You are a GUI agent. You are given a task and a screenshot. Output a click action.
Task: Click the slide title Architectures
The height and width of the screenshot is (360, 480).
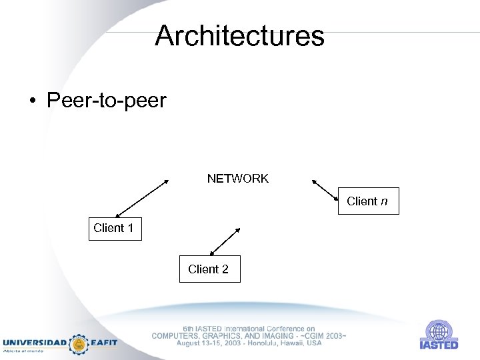239,35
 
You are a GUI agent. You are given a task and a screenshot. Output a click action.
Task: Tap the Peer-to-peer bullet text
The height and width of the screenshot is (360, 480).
106,101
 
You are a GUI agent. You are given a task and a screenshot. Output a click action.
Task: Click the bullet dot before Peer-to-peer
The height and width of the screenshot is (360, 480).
32,102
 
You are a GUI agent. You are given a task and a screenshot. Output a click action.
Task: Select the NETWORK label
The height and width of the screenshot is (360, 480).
237,179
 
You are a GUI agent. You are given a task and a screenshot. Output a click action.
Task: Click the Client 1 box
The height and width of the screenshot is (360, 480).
115,228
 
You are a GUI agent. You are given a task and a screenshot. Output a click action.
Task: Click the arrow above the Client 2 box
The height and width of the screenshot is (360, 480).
225,241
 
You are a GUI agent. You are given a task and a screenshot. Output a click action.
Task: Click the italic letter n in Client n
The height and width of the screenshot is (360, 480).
384,201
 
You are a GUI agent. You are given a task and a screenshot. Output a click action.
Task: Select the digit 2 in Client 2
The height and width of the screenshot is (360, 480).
225,269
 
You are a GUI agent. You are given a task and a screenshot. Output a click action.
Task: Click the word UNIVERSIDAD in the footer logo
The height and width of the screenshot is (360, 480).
35,343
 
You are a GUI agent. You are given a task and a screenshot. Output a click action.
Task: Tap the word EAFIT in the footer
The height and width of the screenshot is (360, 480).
105,343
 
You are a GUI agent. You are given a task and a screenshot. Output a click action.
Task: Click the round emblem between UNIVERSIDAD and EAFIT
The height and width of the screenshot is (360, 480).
79,343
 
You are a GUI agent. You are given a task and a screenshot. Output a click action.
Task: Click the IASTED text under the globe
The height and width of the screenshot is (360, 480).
439,345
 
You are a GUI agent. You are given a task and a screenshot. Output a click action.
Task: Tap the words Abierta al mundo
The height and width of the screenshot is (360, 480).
24,351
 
